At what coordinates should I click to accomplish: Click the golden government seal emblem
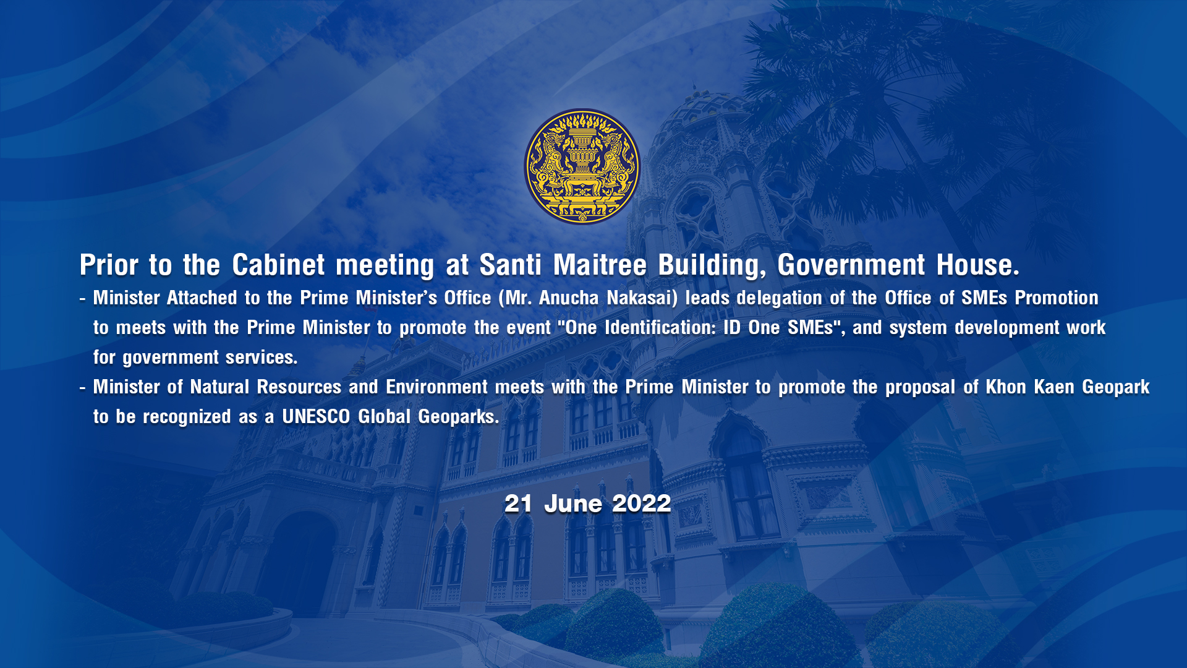click(582, 166)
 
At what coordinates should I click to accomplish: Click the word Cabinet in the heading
click(278, 265)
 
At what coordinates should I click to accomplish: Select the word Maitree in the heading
click(600, 265)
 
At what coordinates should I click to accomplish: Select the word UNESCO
click(316, 417)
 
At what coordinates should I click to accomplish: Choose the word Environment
click(436, 387)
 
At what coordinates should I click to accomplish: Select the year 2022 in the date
click(642, 503)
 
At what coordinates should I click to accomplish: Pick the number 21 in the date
click(518, 503)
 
